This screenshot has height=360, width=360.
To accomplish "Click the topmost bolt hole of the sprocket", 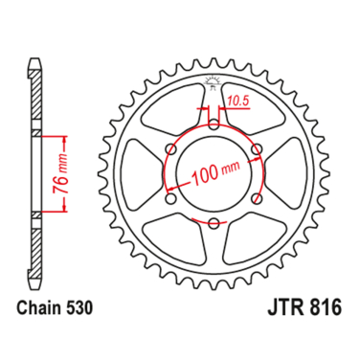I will [x=213, y=122].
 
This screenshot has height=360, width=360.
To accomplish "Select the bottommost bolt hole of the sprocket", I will [x=213, y=221].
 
